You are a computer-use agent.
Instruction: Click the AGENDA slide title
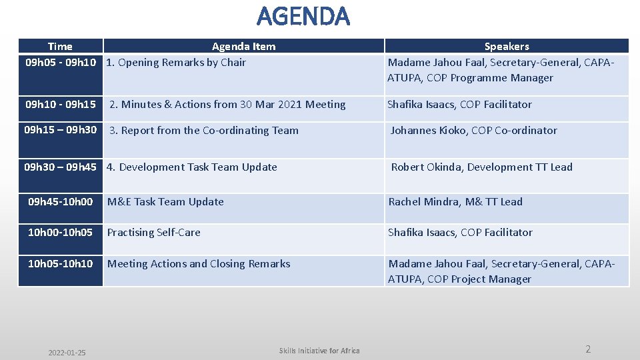(303, 16)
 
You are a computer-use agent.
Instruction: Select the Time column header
(60, 46)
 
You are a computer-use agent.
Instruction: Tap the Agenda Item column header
(243, 46)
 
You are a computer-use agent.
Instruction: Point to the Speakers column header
(506, 46)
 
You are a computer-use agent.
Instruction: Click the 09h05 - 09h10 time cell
(60, 63)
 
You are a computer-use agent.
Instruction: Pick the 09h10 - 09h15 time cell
(60, 105)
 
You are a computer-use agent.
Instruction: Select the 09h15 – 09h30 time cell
(60, 130)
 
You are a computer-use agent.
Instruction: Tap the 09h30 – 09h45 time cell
(60, 167)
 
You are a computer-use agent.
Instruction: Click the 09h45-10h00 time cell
(60, 202)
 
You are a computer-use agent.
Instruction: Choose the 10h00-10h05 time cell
(60, 233)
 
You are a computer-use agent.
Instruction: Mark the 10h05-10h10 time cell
(60, 264)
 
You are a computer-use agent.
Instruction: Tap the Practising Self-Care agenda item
(153, 233)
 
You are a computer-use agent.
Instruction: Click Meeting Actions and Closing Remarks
(199, 264)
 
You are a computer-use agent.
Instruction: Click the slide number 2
(587, 349)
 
